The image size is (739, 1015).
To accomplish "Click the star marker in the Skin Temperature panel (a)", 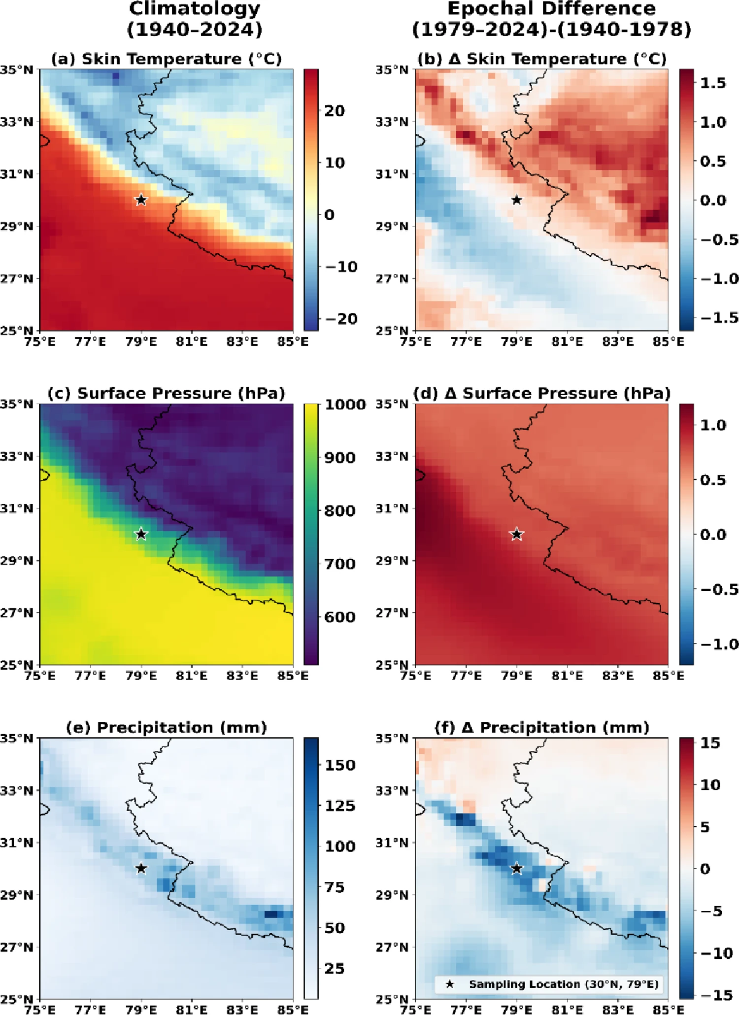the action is click(141, 200).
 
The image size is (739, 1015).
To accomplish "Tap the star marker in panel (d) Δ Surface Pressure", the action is click(517, 534).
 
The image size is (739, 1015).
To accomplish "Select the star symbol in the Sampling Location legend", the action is click(450, 984).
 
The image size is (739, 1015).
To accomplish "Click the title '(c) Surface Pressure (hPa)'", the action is click(167, 393).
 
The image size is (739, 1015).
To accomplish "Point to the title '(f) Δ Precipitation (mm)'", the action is click(542, 727).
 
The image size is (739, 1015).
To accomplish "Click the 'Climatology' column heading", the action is click(195, 8).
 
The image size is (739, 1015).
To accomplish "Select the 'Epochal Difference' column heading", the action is click(552, 8).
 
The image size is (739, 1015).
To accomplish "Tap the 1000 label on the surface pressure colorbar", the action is click(345, 405).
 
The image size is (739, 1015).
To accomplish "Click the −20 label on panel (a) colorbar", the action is click(341, 319).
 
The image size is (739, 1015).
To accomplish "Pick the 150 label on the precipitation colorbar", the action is click(340, 765).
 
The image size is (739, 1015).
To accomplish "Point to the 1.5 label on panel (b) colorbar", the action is click(713, 83).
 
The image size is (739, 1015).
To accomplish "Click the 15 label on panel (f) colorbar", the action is click(710, 743).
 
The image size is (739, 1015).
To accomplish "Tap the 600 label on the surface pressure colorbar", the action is click(340, 617).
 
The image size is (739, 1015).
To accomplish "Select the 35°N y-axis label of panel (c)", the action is click(17, 405).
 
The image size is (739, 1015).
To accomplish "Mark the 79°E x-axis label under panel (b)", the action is click(517, 341).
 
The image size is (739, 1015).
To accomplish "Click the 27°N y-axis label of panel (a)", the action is click(17, 279).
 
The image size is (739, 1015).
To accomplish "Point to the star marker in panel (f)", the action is click(517, 868).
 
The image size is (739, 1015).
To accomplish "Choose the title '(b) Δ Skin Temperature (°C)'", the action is click(542, 59).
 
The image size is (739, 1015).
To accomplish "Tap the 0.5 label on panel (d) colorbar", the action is click(713, 480).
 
